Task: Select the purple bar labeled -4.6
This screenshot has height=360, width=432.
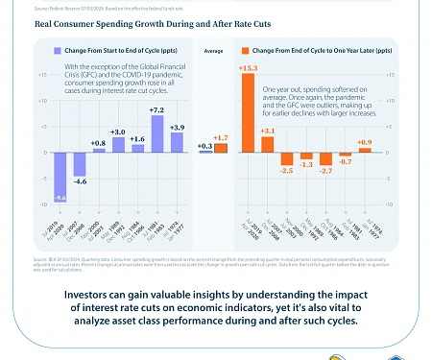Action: tap(79, 164)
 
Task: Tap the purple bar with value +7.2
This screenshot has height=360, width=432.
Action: tap(156, 133)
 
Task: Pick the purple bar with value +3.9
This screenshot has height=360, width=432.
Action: tap(177, 142)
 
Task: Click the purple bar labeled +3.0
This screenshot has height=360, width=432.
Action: tap(118, 144)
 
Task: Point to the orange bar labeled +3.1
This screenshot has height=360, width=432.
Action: tap(268, 144)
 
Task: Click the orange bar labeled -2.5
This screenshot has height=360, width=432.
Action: tap(286, 158)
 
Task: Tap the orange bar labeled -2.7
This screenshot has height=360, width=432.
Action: tap(325, 159)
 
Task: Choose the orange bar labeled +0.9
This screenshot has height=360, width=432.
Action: tap(364, 150)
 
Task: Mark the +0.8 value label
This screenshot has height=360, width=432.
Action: tap(98, 143)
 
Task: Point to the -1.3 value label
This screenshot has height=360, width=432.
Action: tap(306, 164)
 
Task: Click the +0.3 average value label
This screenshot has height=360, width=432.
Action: tap(204, 146)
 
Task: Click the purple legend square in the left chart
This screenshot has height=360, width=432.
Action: tap(58, 48)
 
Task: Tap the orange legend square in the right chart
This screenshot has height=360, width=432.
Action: tap(246, 48)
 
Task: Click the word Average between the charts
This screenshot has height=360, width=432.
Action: tap(215, 48)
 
